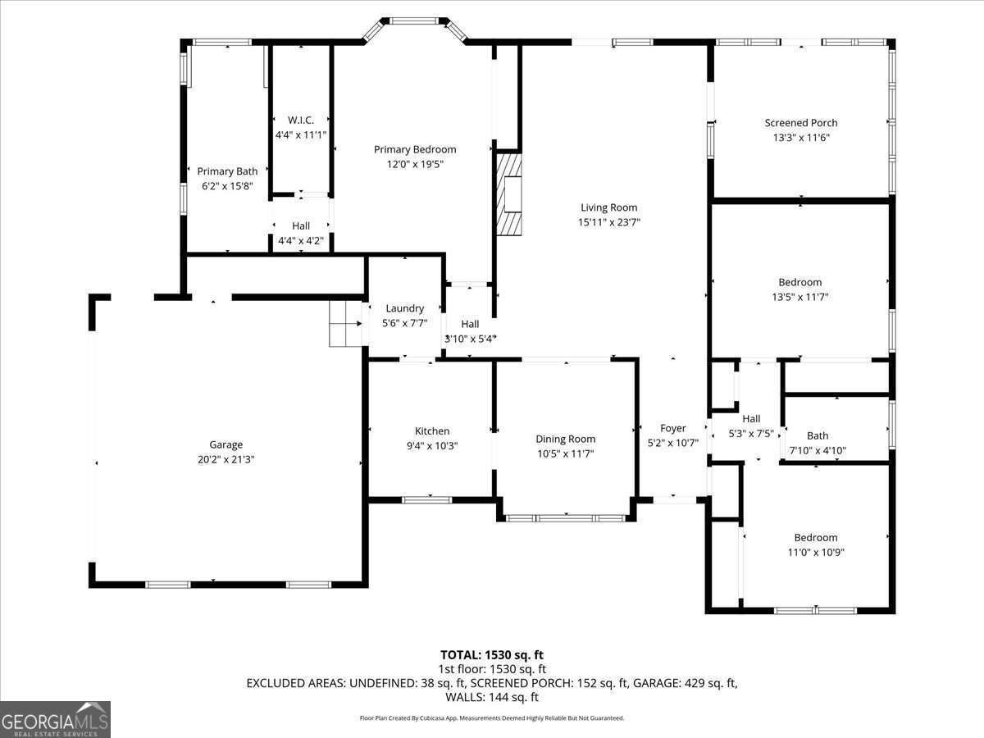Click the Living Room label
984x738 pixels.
click(x=608, y=207)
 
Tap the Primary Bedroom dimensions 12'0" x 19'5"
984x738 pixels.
click(x=415, y=165)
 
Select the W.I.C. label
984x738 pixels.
click(x=301, y=120)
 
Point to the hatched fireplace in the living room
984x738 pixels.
click(x=509, y=194)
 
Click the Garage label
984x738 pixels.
click(x=226, y=444)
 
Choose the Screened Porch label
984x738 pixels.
click(x=801, y=123)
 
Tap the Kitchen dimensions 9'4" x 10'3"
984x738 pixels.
click(x=432, y=446)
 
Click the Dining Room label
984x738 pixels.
click(x=566, y=440)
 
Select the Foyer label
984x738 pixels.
click(x=673, y=428)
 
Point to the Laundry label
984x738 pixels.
click(x=405, y=308)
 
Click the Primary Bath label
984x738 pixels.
click(x=227, y=171)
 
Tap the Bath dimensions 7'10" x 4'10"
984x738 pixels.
click(x=818, y=450)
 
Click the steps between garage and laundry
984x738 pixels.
click(x=346, y=324)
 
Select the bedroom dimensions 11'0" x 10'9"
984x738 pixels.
click(x=816, y=553)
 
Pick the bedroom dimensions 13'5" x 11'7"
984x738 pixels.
click(x=800, y=297)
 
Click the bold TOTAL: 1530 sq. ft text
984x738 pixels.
click(x=492, y=655)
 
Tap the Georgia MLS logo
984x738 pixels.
click(x=55, y=720)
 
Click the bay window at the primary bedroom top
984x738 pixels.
click(x=415, y=27)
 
